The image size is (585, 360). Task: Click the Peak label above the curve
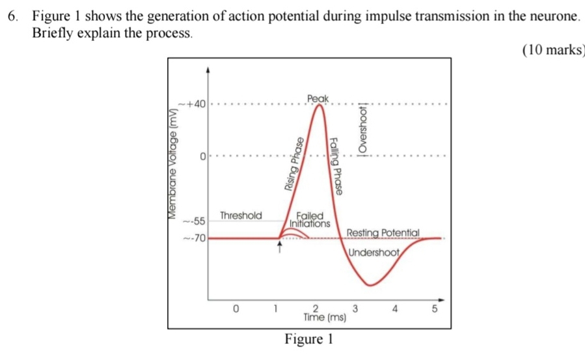318,98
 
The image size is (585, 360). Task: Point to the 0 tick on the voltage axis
202,157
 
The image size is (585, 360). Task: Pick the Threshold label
241,215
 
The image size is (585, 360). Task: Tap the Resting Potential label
384,233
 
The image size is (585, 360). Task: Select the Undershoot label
374,253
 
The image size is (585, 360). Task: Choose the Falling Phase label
336,165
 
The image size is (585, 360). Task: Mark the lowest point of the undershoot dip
370,284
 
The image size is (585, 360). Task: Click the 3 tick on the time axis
355,308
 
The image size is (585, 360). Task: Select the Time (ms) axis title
324,318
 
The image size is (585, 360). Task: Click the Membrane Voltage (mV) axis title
173,162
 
